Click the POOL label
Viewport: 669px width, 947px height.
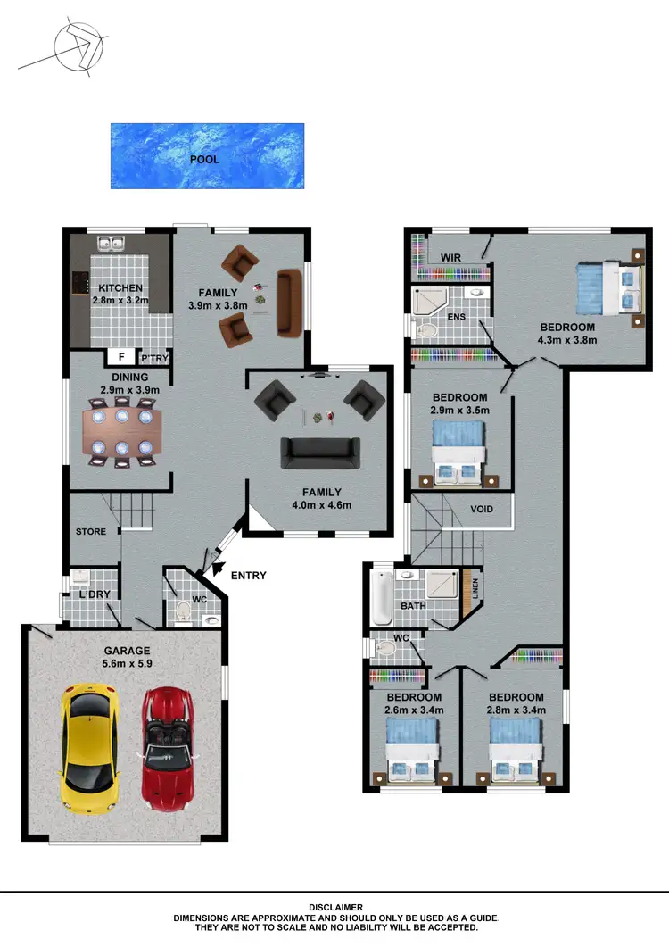point(204,159)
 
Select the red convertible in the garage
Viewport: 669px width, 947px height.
point(167,744)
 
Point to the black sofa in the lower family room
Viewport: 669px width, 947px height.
point(320,453)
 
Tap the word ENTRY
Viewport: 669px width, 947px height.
point(248,576)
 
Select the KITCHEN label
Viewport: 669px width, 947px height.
point(120,288)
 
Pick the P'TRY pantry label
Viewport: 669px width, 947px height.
point(153,358)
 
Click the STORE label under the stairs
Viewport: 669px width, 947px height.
point(90,532)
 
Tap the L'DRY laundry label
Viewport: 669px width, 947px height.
point(94,594)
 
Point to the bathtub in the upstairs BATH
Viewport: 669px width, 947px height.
point(381,598)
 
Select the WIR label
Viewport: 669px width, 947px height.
point(450,258)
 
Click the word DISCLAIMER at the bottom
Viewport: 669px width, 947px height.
point(334,907)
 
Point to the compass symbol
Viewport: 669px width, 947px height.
point(75,46)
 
